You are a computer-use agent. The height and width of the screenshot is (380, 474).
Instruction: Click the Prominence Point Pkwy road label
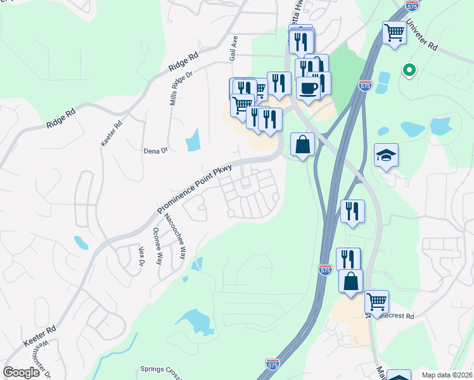pyautogui.click(x=195, y=188)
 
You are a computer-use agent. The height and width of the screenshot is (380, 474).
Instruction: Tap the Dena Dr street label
pyautogui.click(x=155, y=151)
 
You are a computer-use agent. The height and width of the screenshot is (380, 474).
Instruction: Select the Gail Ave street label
pyautogui.click(x=234, y=48)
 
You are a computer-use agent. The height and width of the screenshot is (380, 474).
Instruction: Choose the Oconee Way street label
pyautogui.click(x=158, y=246)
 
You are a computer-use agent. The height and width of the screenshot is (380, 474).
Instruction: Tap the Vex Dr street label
pyautogui.click(x=141, y=256)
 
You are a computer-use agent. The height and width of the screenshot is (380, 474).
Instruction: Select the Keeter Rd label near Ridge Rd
pyautogui.click(x=110, y=134)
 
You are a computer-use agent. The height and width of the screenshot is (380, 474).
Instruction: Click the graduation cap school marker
pyautogui.click(x=385, y=156)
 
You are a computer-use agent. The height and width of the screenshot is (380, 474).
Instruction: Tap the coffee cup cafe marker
pyautogui.click(x=308, y=88)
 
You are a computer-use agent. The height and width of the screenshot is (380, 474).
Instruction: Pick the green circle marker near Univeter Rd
pyautogui.click(x=409, y=70)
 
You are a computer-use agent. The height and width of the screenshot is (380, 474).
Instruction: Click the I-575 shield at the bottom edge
pyautogui.click(x=272, y=364)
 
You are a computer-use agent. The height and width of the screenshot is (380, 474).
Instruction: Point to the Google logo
pyautogui.click(x=22, y=372)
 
